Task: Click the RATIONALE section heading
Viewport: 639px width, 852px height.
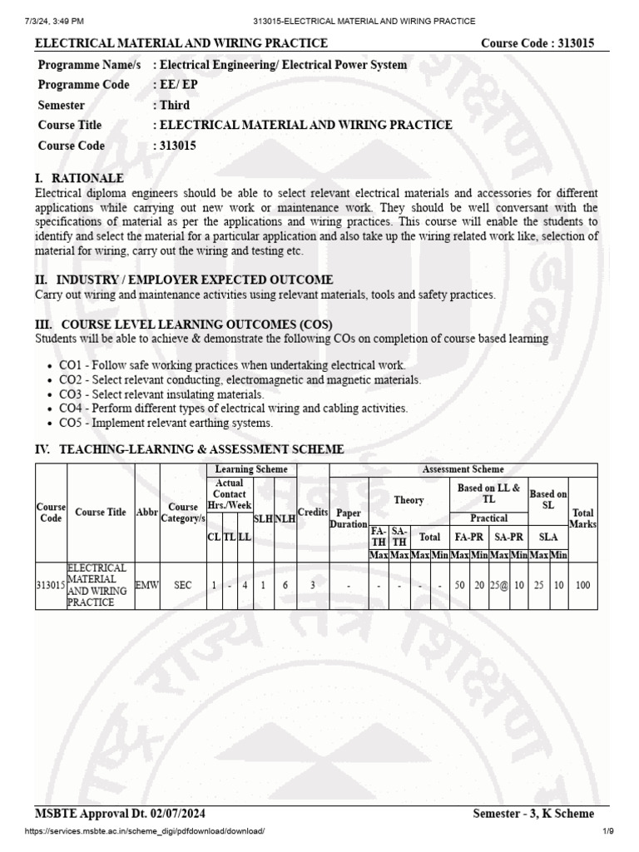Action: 79,178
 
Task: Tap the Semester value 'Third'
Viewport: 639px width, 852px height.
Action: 171,105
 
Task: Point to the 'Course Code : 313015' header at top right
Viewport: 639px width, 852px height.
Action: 537,43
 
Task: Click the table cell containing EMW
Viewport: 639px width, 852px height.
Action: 146,586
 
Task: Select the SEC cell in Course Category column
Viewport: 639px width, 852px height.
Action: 182,586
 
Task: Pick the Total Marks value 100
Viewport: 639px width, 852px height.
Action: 582,586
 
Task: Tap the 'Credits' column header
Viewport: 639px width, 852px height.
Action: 313,513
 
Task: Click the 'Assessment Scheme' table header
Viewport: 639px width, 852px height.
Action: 463,470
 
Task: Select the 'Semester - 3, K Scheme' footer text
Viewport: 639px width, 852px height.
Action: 532,814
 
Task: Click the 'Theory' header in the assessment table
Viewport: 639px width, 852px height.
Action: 409,500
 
